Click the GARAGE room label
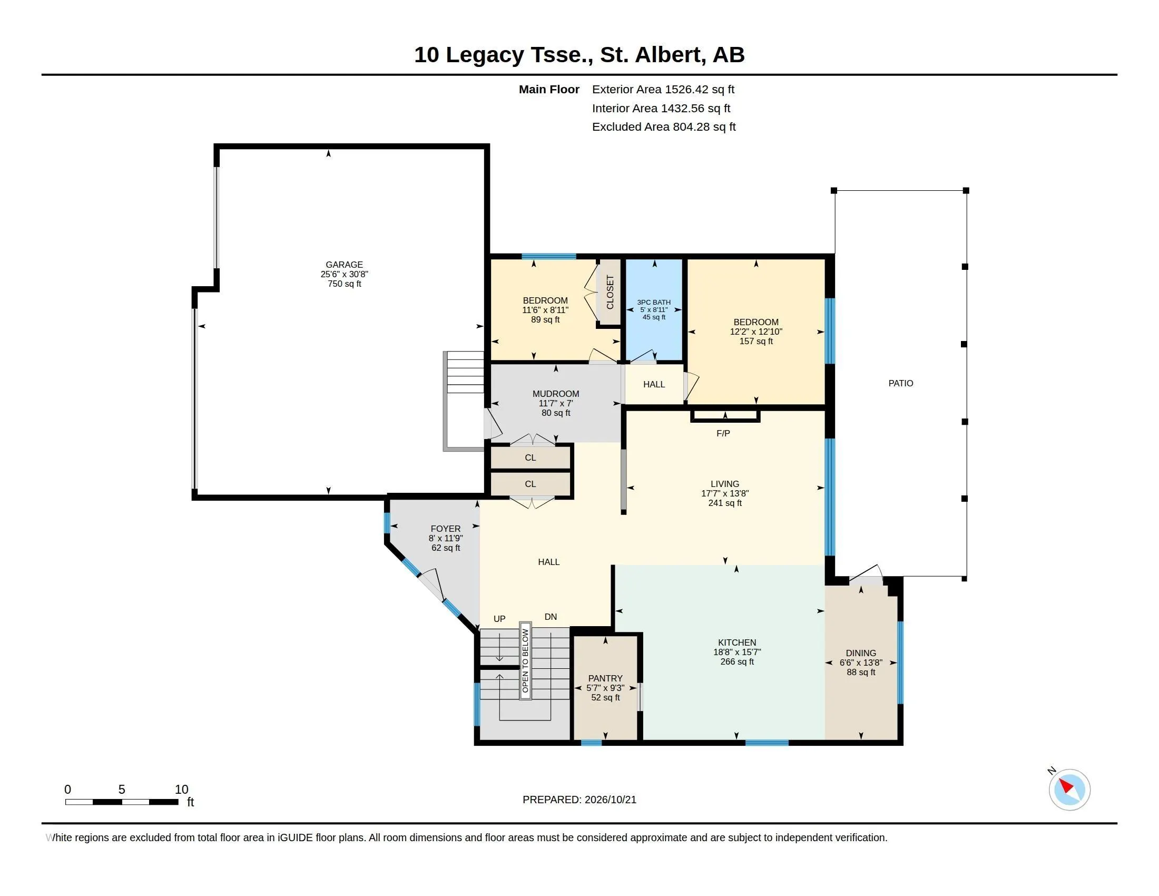(x=344, y=265)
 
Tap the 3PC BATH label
(x=654, y=302)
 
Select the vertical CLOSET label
(x=610, y=292)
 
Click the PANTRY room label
(x=605, y=678)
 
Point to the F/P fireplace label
(x=723, y=433)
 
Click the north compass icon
(x=1069, y=790)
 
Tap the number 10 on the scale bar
(x=182, y=789)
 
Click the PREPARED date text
(x=579, y=800)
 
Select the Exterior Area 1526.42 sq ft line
(x=663, y=89)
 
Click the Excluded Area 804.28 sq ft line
(x=663, y=126)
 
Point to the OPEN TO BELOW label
(x=525, y=660)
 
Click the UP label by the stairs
(x=499, y=618)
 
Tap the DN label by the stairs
(x=551, y=616)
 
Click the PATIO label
(x=900, y=383)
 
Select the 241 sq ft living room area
(x=725, y=503)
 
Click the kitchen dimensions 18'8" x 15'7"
(x=736, y=652)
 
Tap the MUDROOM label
(x=556, y=393)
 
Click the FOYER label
(x=445, y=528)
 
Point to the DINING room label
(x=861, y=653)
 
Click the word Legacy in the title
(x=485, y=55)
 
